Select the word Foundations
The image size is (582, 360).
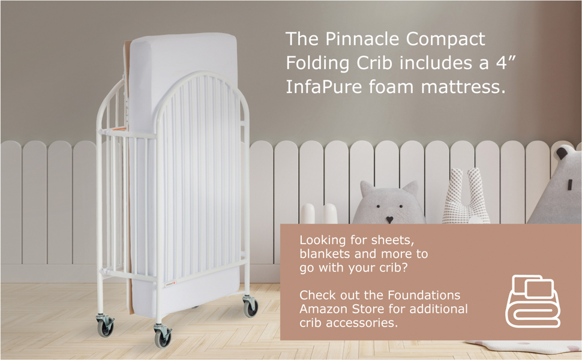pos(424,295)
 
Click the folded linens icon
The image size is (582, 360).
pos(532,301)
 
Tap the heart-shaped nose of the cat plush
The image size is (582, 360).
pos(389,220)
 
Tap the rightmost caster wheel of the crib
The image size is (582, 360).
pos(250,308)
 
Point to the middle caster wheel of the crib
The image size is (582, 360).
pos(162,337)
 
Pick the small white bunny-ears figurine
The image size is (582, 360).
pos(319,214)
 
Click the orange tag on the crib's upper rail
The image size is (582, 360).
pos(120,128)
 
